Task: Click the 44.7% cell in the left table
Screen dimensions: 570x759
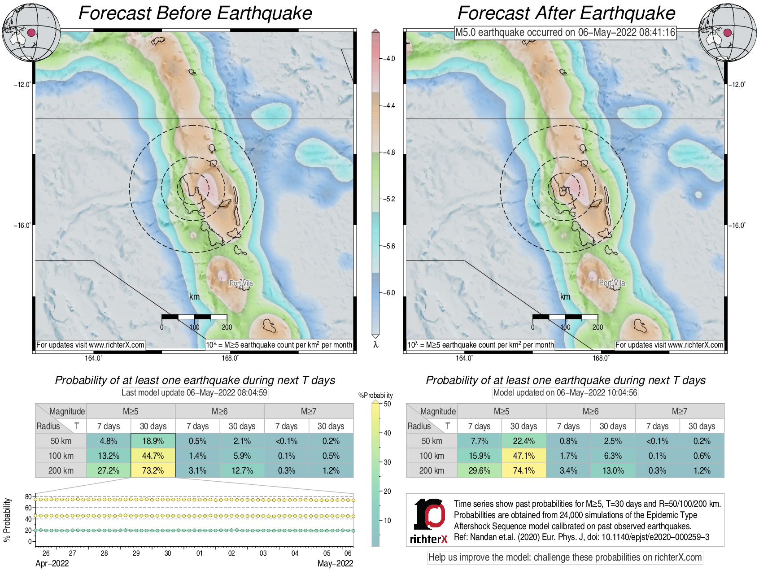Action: (153, 456)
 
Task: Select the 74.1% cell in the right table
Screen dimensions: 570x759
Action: (523, 470)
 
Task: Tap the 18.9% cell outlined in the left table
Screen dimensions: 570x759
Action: (153, 441)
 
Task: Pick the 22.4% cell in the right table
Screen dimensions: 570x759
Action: (523, 441)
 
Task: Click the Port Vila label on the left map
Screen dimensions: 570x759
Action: (241, 283)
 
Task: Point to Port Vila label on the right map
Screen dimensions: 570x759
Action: (612, 283)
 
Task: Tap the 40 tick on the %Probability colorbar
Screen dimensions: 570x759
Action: (387, 433)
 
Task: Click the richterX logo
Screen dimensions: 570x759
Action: (429, 521)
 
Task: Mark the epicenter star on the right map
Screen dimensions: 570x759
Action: (563, 190)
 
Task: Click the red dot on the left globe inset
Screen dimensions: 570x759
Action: (31, 32)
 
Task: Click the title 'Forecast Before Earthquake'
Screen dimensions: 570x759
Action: (195, 13)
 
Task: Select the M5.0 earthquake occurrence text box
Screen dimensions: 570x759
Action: (565, 32)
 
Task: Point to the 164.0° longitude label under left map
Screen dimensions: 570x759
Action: (93, 358)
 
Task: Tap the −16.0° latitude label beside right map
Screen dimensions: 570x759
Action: (737, 225)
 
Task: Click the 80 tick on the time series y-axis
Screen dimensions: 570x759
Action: (28, 496)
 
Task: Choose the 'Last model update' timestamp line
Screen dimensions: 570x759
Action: (194, 393)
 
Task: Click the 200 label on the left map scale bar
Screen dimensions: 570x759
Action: (227, 327)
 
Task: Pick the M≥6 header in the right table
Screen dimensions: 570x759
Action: (590, 411)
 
